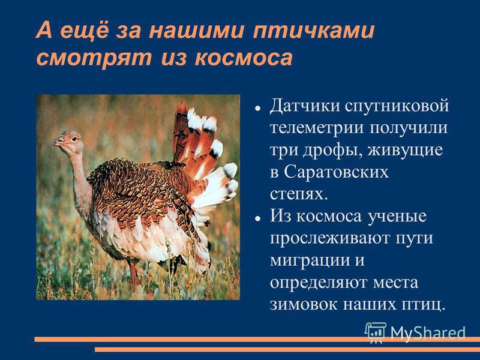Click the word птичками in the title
pos(313,31)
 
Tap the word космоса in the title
pos(244,58)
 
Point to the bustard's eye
pos(74,139)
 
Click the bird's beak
pos(58,142)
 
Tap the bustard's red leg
pos(134,274)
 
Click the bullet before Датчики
pos(258,108)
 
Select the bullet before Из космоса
pos(258,218)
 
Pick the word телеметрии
pos(317,128)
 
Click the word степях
pos(299,194)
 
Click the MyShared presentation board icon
pos(374,332)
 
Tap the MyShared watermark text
pos(428,332)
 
